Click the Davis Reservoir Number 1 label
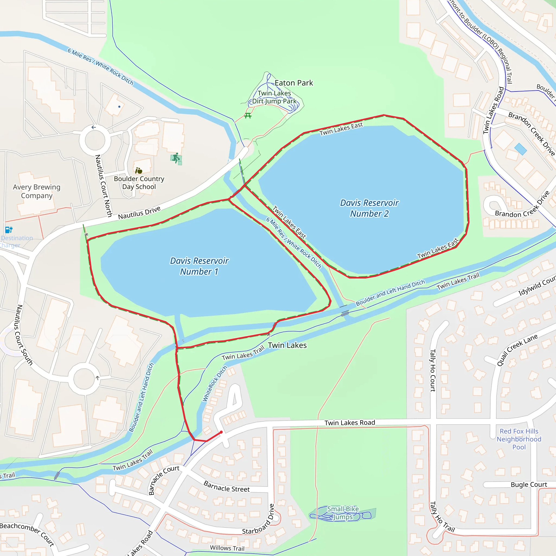(x=199, y=266)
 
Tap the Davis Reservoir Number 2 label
(x=369, y=208)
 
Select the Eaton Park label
(x=293, y=83)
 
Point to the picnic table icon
(x=248, y=116)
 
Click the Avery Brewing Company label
(x=37, y=191)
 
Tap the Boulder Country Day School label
(x=139, y=183)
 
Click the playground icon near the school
(x=176, y=158)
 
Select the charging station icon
(x=9, y=230)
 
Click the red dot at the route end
(x=221, y=432)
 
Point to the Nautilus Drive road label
(x=139, y=213)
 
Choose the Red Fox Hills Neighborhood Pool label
(x=519, y=439)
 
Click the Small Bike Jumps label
(x=343, y=513)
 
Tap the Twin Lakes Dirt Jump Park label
(x=274, y=97)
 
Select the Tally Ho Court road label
(x=432, y=370)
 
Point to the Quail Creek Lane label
(x=517, y=350)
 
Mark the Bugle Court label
(x=529, y=485)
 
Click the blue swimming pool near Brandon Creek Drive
(x=520, y=149)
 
